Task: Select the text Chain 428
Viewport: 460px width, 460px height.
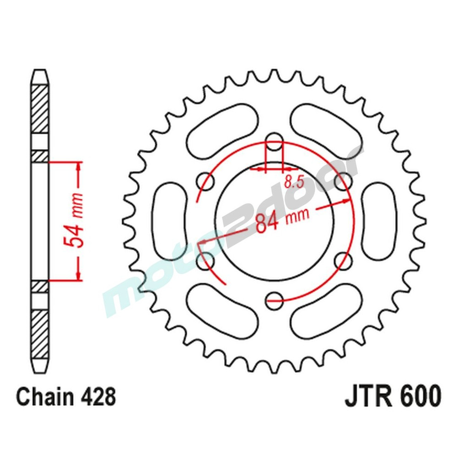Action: coord(66,397)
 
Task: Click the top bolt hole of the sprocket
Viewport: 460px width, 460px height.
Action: coord(275,142)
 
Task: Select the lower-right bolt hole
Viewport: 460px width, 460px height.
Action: coord(343,261)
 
